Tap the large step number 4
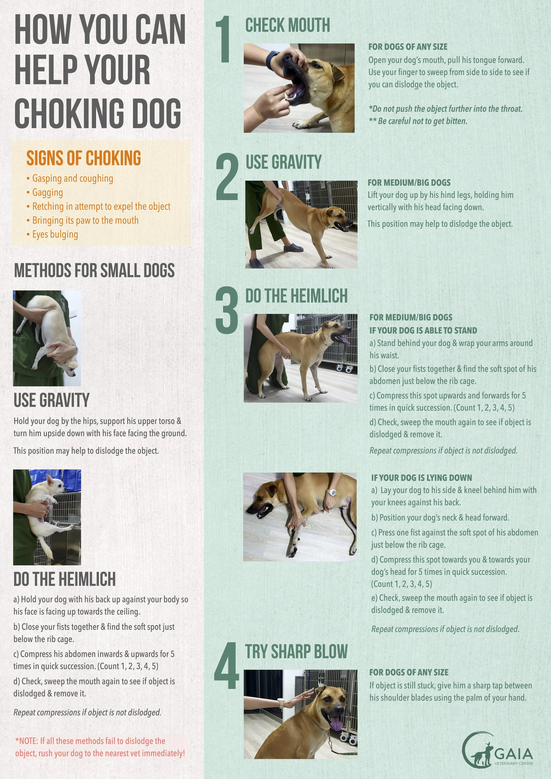point(226,666)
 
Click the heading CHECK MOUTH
point(287,26)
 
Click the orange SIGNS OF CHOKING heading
point(84,158)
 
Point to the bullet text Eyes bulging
point(55,234)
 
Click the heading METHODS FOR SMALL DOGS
point(94,270)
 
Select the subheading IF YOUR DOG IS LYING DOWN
point(421,478)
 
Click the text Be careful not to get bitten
point(422,121)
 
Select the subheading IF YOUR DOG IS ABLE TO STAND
point(423,330)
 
